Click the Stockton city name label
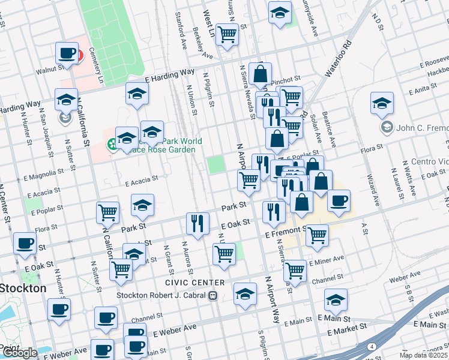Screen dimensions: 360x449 pyautogui.click(x=23, y=288)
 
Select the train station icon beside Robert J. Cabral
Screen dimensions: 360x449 pyautogui.click(x=212, y=295)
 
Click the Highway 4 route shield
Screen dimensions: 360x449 pyautogui.click(x=372, y=347)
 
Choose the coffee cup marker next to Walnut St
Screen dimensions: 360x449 pyautogui.click(x=66, y=52)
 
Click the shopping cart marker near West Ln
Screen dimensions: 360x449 pyautogui.click(x=227, y=34)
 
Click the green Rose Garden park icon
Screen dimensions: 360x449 pyautogui.click(x=112, y=144)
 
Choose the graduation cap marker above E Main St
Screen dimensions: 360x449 pyautogui.click(x=336, y=300)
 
